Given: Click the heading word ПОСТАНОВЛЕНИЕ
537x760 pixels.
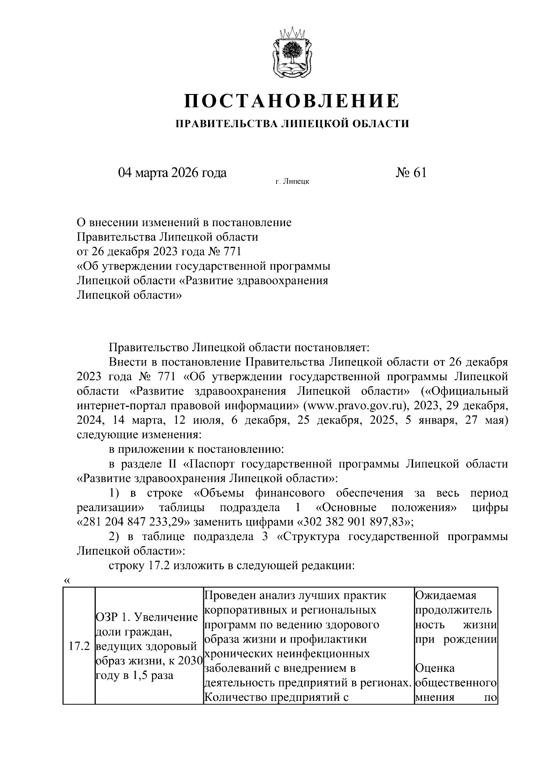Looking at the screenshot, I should [x=292, y=101].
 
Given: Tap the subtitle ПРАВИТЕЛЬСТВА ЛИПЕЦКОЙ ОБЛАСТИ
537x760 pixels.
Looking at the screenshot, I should [x=292, y=124].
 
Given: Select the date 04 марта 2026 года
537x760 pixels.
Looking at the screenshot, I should [x=172, y=173].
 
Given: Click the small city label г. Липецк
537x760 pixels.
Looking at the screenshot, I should [x=292, y=181].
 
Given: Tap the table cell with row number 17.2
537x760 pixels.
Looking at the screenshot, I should [x=79, y=647].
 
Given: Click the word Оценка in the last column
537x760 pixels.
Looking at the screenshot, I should [x=435, y=669].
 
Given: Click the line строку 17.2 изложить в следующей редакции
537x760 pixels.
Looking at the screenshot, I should [x=232, y=566].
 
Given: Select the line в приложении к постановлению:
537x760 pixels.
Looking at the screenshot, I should [x=195, y=449].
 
